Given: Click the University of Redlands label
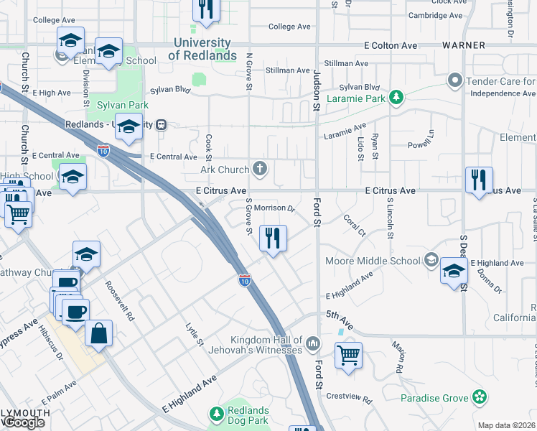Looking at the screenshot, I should pyautogui.click(x=205, y=50).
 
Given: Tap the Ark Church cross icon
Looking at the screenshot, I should pyautogui.click(x=261, y=170).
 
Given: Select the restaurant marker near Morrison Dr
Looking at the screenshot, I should pyautogui.click(x=272, y=238).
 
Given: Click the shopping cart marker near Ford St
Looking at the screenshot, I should pyautogui.click(x=348, y=354).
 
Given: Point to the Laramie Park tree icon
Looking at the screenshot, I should pyautogui.click(x=396, y=97).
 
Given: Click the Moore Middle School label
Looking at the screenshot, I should pyautogui.click(x=373, y=260).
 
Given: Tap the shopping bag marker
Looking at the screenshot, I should pyautogui.click(x=98, y=333).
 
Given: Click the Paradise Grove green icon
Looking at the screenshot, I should pyautogui.click(x=480, y=397).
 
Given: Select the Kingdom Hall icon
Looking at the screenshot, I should pyautogui.click(x=312, y=344).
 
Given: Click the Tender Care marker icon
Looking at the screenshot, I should pyautogui.click(x=454, y=80).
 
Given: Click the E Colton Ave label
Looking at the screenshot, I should pyautogui.click(x=391, y=45).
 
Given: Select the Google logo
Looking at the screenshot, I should pyautogui.click(x=24, y=422).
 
